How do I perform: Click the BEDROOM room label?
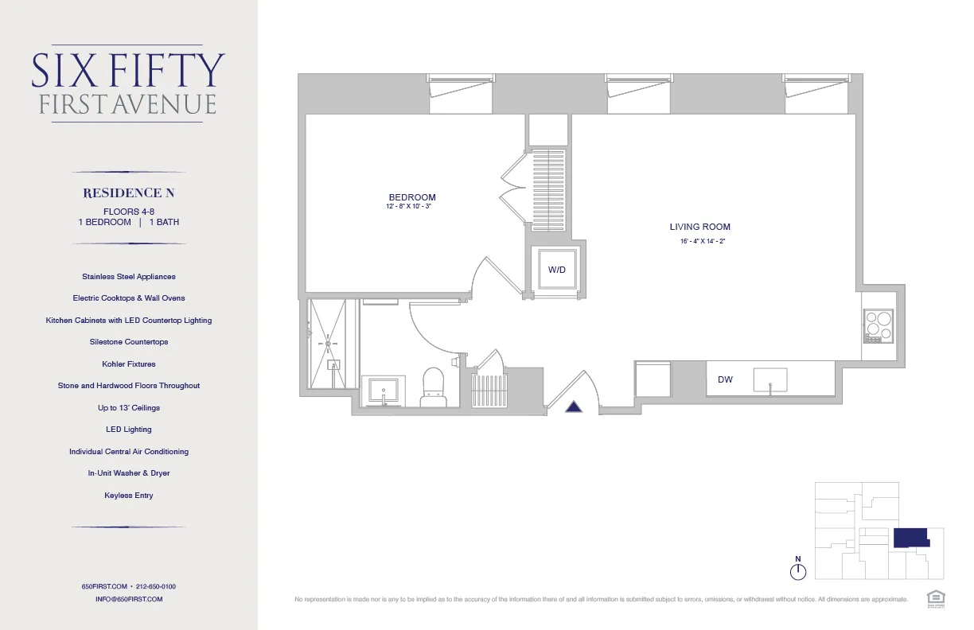[x=411, y=197]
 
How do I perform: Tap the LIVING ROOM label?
[x=699, y=227]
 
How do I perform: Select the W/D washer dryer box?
[x=557, y=270]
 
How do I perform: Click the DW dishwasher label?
[x=725, y=380]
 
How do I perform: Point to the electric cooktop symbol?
[x=879, y=326]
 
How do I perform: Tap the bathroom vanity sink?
[x=384, y=391]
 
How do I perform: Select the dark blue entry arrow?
[x=574, y=407]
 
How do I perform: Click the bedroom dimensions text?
[x=408, y=206]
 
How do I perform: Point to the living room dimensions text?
[x=699, y=241]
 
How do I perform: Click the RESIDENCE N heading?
[x=128, y=193]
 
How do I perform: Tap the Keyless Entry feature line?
[x=128, y=496]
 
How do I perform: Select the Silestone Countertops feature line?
[x=128, y=342]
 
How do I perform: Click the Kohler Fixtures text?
[x=128, y=364]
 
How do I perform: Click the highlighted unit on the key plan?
[x=910, y=537]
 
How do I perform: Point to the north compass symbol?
[x=798, y=570]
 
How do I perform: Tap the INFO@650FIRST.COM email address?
[x=128, y=599]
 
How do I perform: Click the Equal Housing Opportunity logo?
[x=934, y=597]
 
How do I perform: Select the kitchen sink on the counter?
[x=769, y=379]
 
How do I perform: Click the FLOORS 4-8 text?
[x=128, y=211]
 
